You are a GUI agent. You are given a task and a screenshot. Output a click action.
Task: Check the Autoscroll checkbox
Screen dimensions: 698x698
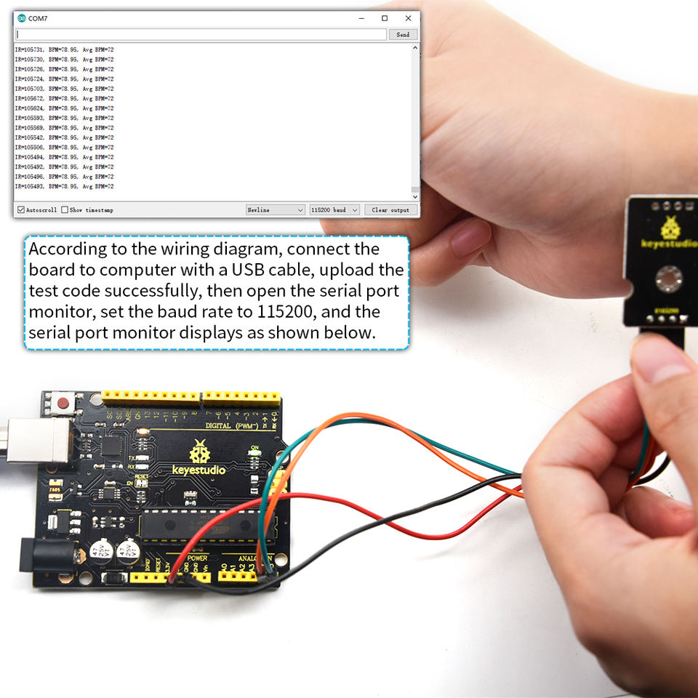[x=20, y=210]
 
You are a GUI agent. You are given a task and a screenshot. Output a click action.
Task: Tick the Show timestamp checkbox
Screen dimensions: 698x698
[x=65, y=210]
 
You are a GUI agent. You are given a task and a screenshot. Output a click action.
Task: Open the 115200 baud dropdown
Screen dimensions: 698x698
[x=334, y=210]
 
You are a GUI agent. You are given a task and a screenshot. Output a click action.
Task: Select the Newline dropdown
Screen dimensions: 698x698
[x=276, y=210]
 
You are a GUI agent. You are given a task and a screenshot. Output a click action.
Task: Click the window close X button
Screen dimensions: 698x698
[x=408, y=17]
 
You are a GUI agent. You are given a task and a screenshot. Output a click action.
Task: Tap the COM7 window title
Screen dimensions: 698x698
[x=38, y=17]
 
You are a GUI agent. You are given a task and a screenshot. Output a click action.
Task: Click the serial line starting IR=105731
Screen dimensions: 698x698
[x=64, y=49]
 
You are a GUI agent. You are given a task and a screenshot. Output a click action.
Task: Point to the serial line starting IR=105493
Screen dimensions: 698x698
[x=64, y=186]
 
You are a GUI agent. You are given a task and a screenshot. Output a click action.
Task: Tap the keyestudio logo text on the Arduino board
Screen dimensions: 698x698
[x=198, y=470]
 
